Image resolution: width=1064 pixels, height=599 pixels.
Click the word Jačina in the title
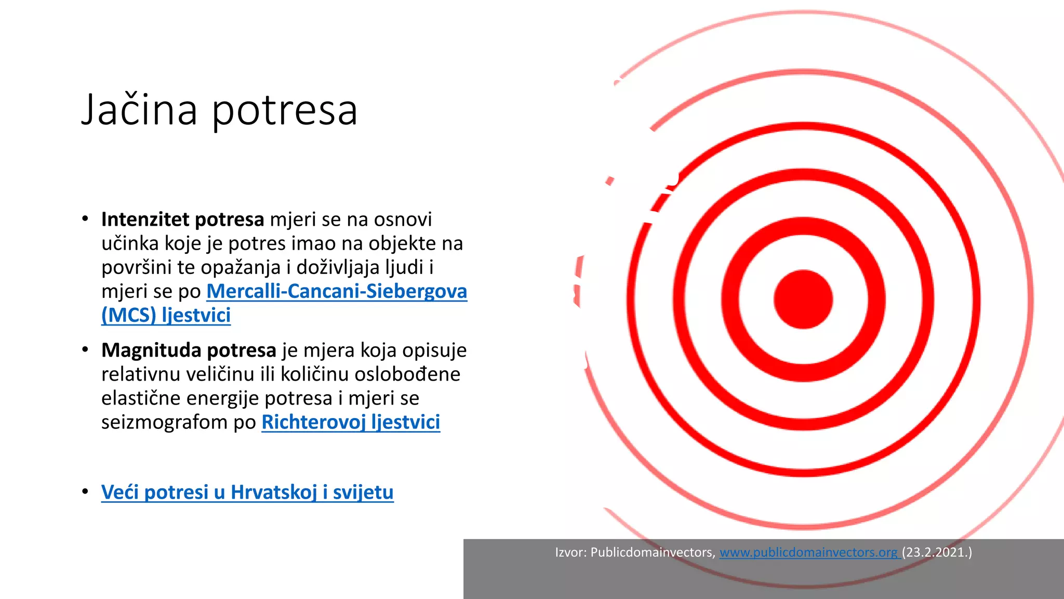[139, 110]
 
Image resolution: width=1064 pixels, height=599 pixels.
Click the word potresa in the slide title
[285, 111]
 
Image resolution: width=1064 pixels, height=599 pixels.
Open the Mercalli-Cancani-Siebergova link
[337, 291]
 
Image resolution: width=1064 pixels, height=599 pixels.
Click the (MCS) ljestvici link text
[166, 315]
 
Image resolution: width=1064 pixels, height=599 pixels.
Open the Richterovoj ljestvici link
[351, 422]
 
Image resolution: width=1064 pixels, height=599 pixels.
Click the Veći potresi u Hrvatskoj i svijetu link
[247, 492]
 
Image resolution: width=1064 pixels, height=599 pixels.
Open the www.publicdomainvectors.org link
[808, 552]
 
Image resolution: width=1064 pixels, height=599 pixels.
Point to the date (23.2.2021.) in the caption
[937, 552]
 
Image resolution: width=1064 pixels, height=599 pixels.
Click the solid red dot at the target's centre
[803, 299]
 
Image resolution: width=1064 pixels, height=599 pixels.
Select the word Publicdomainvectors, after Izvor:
[653, 552]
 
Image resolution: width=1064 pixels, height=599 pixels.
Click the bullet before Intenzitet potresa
[85, 219]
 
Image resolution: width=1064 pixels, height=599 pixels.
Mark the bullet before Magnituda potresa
[85, 350]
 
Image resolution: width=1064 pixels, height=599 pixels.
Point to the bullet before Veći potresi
[85, 491]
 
